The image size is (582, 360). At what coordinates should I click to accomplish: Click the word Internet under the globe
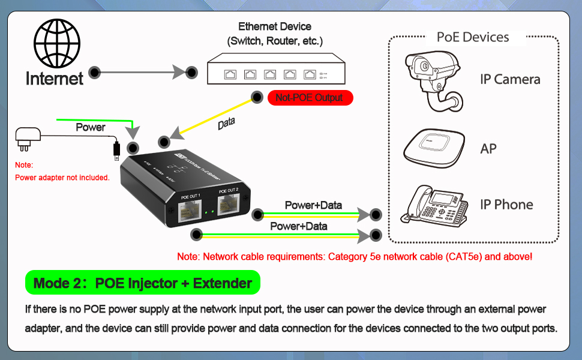(x=55, y=78)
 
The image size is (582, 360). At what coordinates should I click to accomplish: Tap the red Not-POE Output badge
(x=309, y=98)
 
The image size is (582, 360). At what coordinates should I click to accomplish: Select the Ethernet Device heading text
(x=275, y=26)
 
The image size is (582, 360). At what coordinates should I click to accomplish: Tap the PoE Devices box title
(x=473, y=37)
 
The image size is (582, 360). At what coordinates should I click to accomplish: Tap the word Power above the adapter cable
(x=91, y=127)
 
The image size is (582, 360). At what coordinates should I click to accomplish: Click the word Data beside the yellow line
(x=226, y=123)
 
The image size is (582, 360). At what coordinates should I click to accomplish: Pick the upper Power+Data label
(x=313, y=205)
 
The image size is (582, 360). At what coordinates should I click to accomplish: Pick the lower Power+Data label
(x=298, y=226)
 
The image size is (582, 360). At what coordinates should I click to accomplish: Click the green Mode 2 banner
(x=142, y=283)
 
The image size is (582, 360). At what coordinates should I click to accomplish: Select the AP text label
(x=488, y=149)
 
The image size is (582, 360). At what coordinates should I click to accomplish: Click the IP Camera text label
(x=510, y=79)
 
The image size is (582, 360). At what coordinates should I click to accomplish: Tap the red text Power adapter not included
(x=62, y=178)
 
